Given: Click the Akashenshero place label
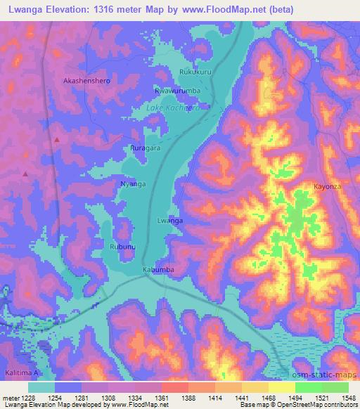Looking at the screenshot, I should coord(87,81).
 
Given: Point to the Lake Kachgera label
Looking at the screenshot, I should coord(172,108).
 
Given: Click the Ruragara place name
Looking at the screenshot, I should coord(146,148).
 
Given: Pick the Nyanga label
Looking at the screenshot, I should coord(133,183).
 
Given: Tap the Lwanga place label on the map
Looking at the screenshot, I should coord(170,220).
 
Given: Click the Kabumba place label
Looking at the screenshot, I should coord(157,269).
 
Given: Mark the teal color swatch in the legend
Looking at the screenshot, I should coord(41,387).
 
